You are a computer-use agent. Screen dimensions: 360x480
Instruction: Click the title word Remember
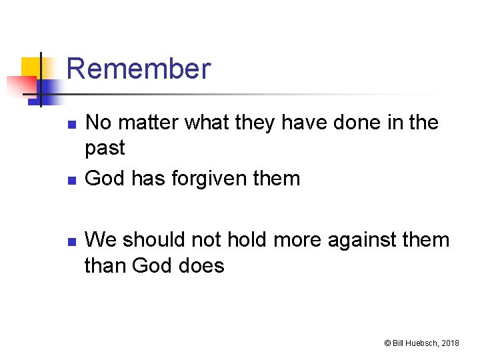[x=139, y=69]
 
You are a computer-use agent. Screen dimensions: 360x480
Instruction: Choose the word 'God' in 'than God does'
[x=152, y=266]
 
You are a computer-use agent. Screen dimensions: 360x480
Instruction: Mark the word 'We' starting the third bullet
[x=102, y=239]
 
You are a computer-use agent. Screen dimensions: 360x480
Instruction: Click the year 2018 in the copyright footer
[x=450, y=343]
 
